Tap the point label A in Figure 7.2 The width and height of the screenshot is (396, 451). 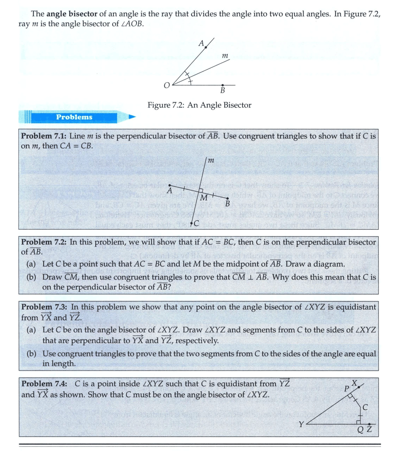pyautogui.click(x=201, y=43)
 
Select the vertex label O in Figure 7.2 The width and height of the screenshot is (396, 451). pyautogui.click(x=167, y=85)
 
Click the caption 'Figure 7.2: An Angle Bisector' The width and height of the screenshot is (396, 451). pyautogui.click(x=199, y=105)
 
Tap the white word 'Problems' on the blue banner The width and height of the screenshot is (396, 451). pyautogui.click(x=74, y=117)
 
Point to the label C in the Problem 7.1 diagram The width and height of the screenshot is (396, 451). pyautogui.click(x=196, y=223)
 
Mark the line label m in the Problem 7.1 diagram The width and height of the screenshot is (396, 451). pyautogui.click(x=210, y=160)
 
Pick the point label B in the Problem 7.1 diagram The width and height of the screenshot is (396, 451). pyautogui.click(x=227, y=203)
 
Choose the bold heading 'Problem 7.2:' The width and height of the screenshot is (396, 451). pyautogui.click(x=44, y=242)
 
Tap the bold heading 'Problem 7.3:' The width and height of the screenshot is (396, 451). pyautogui.click(x=44, y=307)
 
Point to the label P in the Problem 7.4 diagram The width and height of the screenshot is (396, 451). pyautogui.click(x=347, y=389)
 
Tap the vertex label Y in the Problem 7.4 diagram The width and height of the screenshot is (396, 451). pyautogui.click(x=302, y=424)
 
